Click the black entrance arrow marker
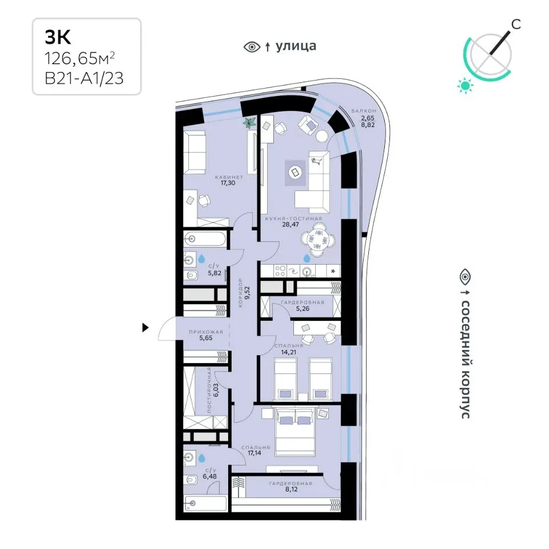pos(145,328)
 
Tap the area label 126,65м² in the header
pos(79,59)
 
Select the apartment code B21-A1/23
pos(84,78)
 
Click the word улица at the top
pos(296,46)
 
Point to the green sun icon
pos(465,86)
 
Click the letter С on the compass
pos(516,24)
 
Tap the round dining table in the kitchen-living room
pos(317,240)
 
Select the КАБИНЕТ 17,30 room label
pos(229,180)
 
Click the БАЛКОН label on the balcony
pos(364,111)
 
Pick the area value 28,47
pos(291,224)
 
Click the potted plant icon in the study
pos(250,123)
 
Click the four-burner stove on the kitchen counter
pos(280,271)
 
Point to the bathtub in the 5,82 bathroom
pos(205,239)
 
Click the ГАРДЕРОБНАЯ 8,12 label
pos(291,486)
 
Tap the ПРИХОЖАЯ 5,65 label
pos(206,335)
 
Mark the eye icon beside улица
pos(252,46)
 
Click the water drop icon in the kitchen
pos(307,258)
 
